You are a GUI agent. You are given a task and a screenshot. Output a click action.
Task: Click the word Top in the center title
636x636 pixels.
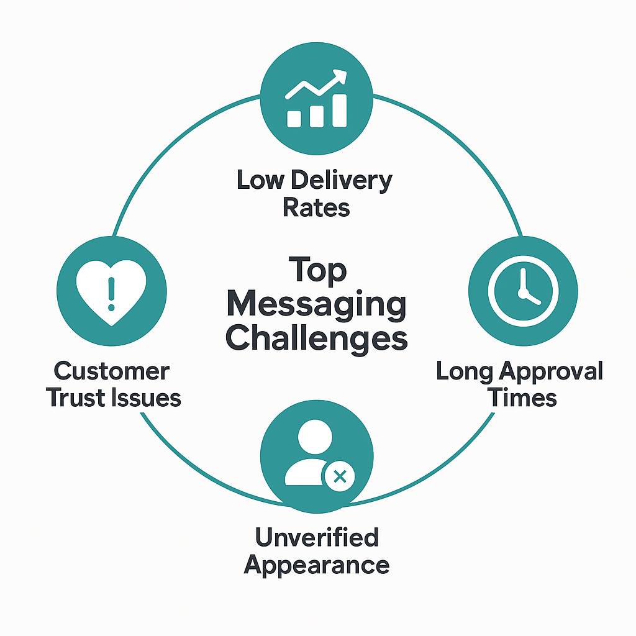[x=317, y=270]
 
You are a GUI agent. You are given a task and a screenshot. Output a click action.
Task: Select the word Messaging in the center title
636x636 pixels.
[x=316, y=305]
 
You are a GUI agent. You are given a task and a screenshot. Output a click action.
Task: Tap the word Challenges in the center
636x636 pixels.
[x=316, y=338]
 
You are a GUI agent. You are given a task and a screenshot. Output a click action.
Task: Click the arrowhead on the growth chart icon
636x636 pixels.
[x=340, y=76]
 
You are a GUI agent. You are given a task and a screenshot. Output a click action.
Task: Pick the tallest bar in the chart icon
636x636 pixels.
[x=340, y=111]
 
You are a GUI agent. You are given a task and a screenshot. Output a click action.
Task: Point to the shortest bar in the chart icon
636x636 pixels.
[x=294, y=119]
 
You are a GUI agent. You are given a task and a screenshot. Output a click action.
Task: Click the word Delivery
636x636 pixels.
[x=342, y=181]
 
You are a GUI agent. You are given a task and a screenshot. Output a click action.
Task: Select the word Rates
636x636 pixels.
[x=316, y=207]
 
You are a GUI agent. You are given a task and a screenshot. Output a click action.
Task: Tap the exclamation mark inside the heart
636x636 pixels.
[x=112, y=294]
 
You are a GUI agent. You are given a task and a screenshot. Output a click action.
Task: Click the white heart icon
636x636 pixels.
[x=111, y=292]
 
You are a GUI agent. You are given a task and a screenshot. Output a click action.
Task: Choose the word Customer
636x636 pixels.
[x=112, y=371]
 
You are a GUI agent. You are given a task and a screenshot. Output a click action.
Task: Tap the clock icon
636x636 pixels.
[x=523, y=291]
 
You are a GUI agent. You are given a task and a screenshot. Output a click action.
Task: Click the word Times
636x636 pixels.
[x=522, y=397]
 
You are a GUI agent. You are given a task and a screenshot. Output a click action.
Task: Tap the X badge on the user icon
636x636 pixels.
[x=340, y=476]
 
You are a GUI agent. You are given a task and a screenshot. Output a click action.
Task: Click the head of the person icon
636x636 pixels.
[x=315, y=437]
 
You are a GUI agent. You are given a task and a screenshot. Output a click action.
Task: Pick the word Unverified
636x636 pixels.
[x=317, y=537]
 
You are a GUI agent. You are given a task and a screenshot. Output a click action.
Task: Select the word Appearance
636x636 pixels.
[x=317, y=565]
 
